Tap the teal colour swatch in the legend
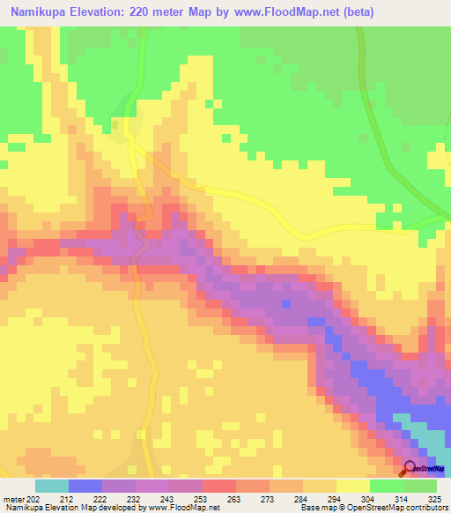(x=51, y=485)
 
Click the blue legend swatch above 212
(x=85, y=485)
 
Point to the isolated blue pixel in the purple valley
(x=285, y=304)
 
